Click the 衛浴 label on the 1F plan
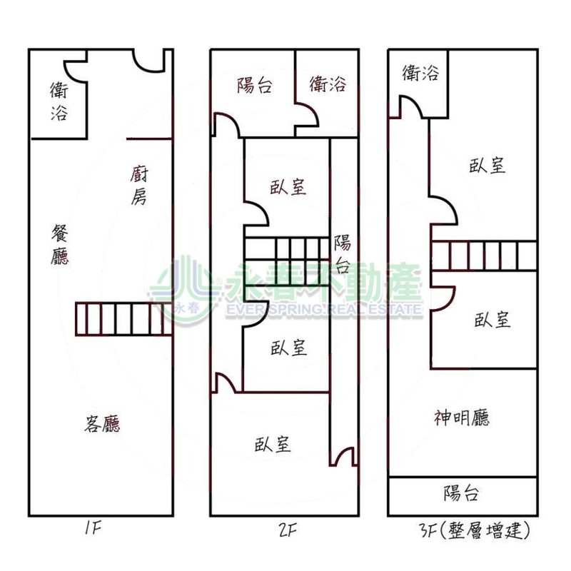59,101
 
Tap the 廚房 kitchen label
139,185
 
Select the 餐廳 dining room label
61,243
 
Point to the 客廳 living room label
102,425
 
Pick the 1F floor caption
94,530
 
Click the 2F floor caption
288,530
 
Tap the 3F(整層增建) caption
475,530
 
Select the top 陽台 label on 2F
255,86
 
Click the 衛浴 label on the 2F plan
328,84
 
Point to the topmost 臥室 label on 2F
288,187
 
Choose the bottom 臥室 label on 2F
273,444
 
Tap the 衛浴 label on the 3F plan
420,72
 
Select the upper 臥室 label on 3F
488,166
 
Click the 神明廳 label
462,418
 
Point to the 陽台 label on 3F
461,493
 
